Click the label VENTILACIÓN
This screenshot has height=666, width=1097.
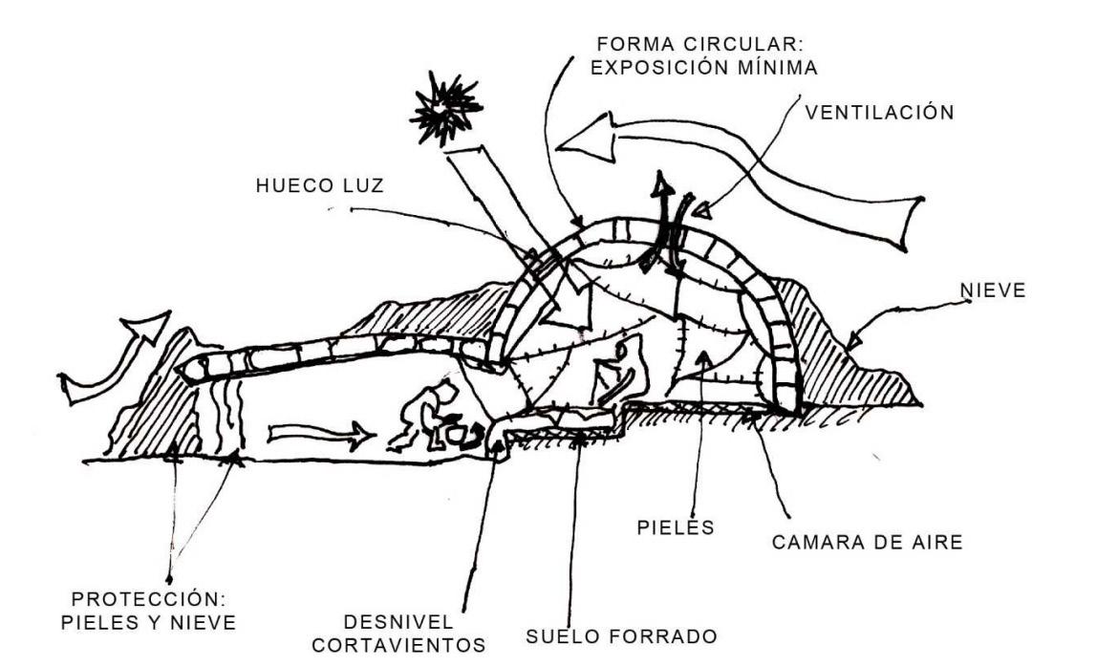879,113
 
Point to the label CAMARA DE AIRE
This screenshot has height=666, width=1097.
867,543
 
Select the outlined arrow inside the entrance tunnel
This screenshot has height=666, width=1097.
319,437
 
